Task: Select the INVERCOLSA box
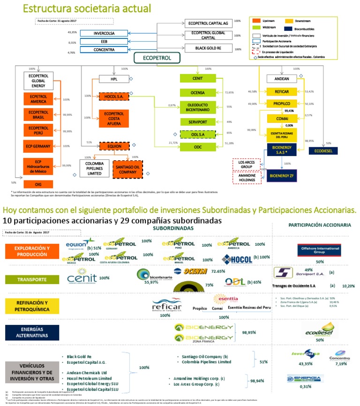(104, 33)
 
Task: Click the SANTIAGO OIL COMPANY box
(127, 167)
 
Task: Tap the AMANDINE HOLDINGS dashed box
(247, 178)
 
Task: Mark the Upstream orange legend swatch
(256, 22)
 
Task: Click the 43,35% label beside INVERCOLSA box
(72, 32)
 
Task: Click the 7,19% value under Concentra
(340, 363)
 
